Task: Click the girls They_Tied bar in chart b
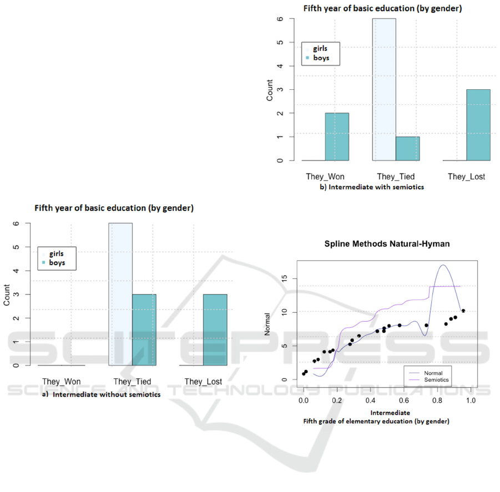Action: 383,89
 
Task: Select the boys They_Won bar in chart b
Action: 337,136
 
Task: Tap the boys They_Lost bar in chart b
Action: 479,125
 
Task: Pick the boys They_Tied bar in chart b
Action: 407,148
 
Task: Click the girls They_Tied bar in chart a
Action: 120,294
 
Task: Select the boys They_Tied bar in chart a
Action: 144,329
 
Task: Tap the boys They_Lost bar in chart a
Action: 215,329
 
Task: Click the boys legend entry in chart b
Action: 321,58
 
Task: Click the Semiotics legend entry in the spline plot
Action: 436,380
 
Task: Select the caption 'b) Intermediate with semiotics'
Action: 371,187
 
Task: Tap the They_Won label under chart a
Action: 62,382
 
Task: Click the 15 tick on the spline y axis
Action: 283,278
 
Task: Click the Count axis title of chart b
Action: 270,90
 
